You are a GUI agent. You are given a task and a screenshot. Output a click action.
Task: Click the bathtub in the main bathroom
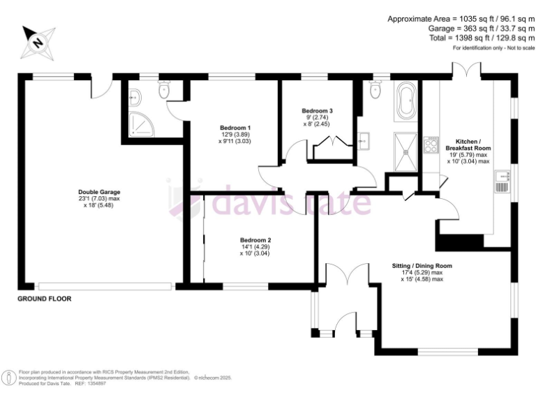point(405,103)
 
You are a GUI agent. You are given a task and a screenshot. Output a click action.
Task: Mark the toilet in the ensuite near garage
point(165,90)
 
